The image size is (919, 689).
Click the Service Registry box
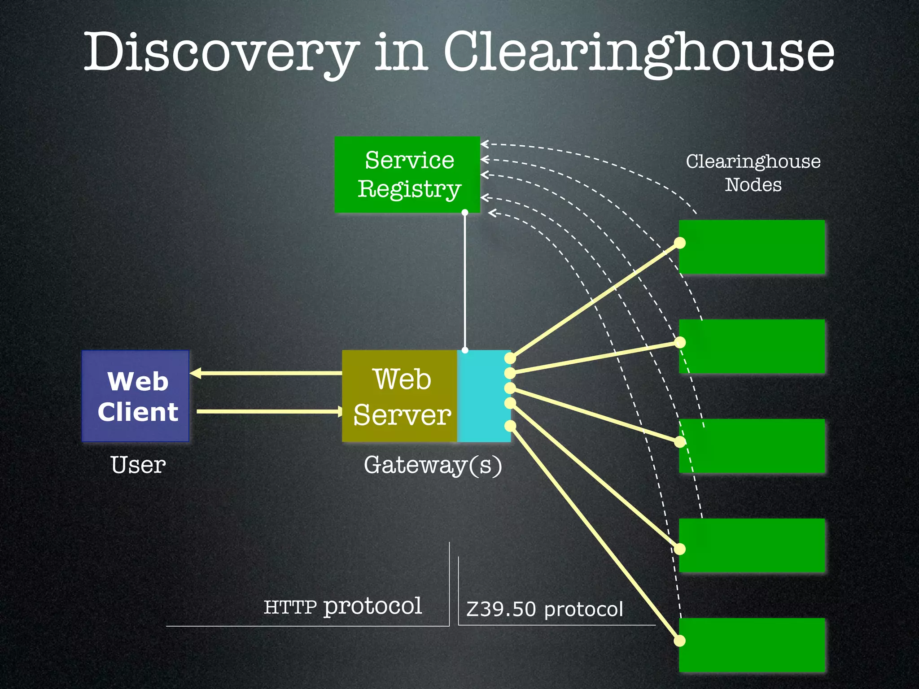click(407, 174)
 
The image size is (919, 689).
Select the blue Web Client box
click(136, 396)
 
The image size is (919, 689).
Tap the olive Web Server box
click(399, 396)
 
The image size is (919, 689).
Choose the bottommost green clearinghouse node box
click(752, 645)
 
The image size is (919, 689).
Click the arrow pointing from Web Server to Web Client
click(265, 373)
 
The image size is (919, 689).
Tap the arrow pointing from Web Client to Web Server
click(269, 411)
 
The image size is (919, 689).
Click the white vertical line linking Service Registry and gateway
click(465, 283)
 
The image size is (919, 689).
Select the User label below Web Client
click(138, 465)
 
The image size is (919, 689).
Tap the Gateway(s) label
click(433, 465)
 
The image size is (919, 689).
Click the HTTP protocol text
click(342, 606)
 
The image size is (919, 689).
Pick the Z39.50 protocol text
click(544, 609)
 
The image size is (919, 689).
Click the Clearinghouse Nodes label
click(753, 173)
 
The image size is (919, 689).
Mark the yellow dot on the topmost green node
click(680, 243)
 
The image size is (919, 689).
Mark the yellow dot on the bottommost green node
click(680, 641)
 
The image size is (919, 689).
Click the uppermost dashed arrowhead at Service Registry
click(485, 144)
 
